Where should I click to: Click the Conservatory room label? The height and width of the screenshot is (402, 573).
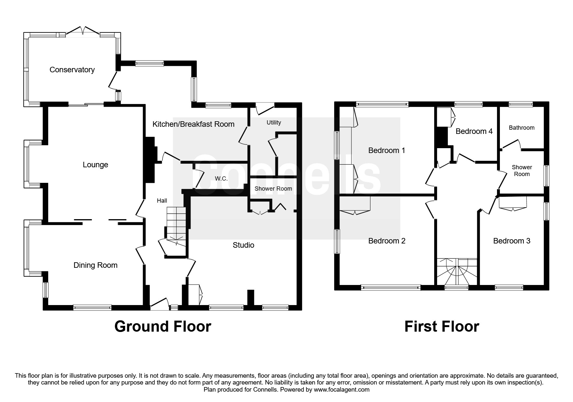(72, 70)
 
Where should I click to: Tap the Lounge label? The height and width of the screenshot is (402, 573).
(95, 165)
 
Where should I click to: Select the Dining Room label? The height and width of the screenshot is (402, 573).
(95, 265)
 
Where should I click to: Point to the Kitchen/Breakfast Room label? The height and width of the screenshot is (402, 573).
(193, 124)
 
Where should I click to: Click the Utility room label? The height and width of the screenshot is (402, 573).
(274, 123)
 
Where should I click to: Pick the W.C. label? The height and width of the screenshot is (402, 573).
(221, 179)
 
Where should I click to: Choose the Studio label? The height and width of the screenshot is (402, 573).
(243, 245)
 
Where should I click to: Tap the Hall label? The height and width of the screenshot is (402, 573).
(162, 201)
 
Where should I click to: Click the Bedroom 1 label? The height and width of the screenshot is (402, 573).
(387, 150)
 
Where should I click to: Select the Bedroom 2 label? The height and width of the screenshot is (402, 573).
(387, 241)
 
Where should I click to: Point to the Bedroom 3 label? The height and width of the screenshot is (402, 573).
(512, 241)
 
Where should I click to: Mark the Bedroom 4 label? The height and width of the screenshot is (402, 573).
(474, 131)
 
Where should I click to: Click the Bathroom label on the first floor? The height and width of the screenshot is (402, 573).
(522, 128)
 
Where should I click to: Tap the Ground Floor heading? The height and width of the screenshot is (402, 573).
(163, 326)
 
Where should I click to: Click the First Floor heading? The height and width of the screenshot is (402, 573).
(442, 326)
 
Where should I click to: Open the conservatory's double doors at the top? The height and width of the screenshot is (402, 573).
(83, 31)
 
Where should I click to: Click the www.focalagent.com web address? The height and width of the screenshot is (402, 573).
(341, 390)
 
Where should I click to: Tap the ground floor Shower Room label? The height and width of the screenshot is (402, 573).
(273, 189)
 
